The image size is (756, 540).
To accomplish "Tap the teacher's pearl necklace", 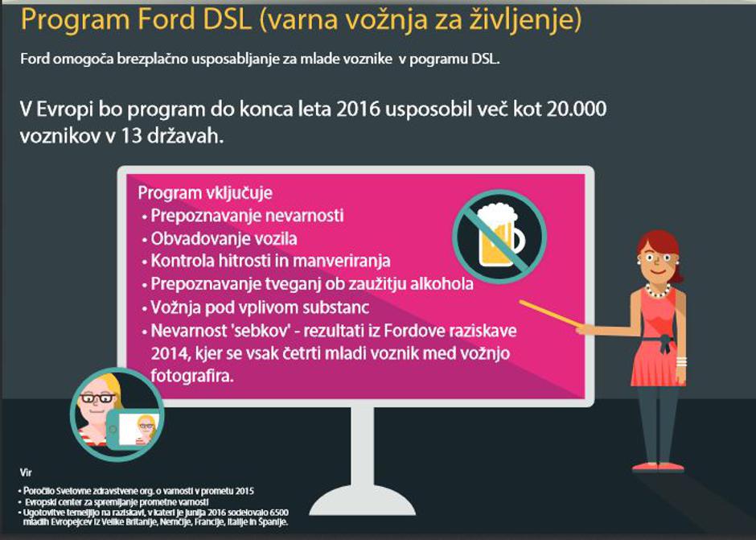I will pyautogui.click(x=657, y=290).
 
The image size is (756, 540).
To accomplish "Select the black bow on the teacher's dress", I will pyautogui.click(x=664, y=343).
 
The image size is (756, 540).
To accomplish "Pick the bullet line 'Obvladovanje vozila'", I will pyautogui.click(x=224, y=239).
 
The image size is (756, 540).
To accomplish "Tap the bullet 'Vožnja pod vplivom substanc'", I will pyautogui.click(x=259, y=307).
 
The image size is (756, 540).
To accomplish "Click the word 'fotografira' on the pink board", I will pyautogui.click(x=192, y=376).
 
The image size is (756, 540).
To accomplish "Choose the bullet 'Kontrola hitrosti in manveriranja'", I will pyautogui.click(x=270, y=262).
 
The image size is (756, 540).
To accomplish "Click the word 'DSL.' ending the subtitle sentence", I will pyautogui.click(x=487, y=59).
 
